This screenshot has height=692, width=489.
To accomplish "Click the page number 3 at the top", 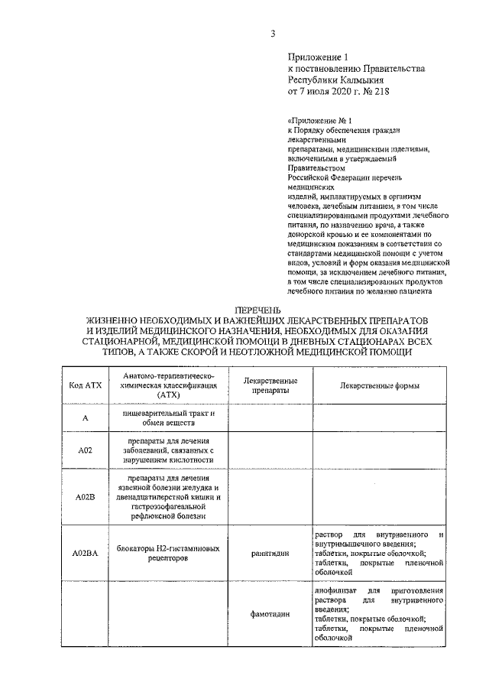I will [272, 32].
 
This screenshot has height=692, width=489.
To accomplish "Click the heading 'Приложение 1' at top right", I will [317, 57].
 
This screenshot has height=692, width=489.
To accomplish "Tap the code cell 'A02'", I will [85, 451].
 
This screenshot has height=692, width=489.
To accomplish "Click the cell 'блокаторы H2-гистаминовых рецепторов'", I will [169, 553].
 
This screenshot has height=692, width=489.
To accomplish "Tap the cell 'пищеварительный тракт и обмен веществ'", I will [169, 418].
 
